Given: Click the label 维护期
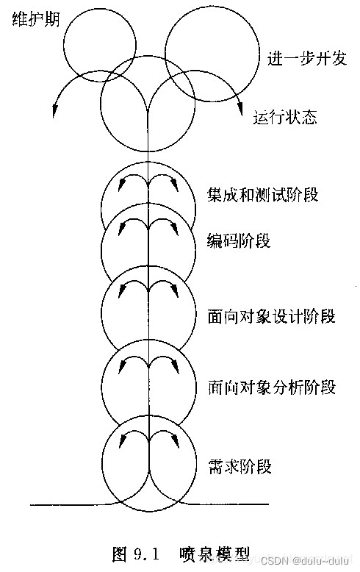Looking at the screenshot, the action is tap(36, 19).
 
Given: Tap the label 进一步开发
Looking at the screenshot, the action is tap(307, 58).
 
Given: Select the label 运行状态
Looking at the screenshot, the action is tap(285, 118).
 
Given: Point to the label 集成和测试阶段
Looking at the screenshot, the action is tap(262, 194).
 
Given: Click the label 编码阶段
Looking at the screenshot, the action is tap(239, 240).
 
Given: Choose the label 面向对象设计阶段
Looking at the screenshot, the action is tap(271, 316).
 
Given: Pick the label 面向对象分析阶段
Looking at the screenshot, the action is tap(271, 387).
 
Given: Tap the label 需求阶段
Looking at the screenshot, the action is tap(240, 466).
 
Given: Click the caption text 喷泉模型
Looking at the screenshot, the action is tap(215, 554).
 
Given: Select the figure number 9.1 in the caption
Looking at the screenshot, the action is tap(146, 554).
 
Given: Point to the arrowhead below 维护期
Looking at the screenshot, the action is tap(54, 110).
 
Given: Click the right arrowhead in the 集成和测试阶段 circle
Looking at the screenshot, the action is tap(176, 185).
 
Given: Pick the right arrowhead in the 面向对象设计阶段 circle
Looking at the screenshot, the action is tap(176, 291).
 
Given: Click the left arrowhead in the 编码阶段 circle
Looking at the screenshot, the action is tap(121, 229).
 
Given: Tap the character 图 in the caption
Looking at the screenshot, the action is tap(120, 554).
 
